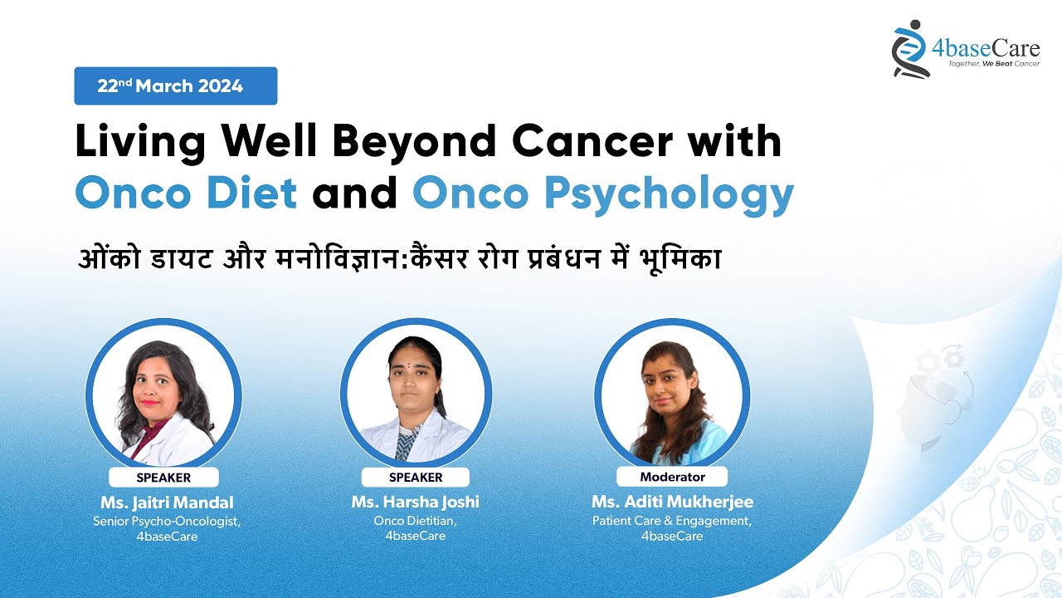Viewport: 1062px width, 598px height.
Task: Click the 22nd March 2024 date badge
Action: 175,86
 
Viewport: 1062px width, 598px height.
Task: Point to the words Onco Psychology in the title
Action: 603,194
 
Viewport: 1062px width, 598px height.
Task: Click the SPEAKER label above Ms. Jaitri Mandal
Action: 163,478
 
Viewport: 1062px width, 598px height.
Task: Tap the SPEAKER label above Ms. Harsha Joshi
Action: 416,478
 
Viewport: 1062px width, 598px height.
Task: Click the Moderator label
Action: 672,477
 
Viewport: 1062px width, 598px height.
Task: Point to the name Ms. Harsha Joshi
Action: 416,502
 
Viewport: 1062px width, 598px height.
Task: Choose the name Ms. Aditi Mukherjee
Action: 672,502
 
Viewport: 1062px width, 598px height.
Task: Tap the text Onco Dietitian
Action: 416,521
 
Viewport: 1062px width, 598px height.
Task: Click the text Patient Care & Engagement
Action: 672,521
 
